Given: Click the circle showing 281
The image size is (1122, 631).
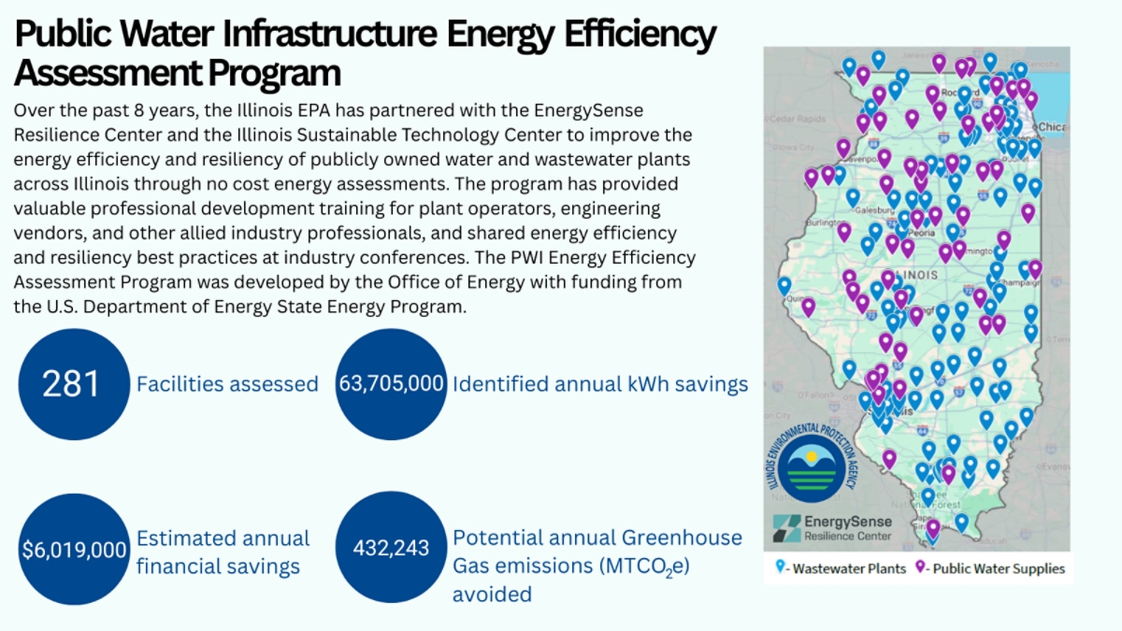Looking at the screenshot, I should [x=73, y=384].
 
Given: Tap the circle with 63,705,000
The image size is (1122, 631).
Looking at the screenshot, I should [x=391, y=384].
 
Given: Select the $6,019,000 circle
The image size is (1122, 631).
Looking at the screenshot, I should [x=73, y=549].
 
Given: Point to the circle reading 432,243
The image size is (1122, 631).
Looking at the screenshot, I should [x=391, y=549].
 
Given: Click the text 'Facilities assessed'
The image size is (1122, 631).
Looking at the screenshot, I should [x=227, y=384].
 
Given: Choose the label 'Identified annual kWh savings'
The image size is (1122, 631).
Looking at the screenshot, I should [x=600, y=384].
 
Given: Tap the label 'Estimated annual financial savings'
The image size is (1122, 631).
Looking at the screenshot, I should [x=223, y=552].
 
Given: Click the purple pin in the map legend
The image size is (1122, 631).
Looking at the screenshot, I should [x=921, y=567].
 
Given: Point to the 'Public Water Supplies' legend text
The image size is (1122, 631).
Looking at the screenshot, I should [x=1000, y=568].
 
